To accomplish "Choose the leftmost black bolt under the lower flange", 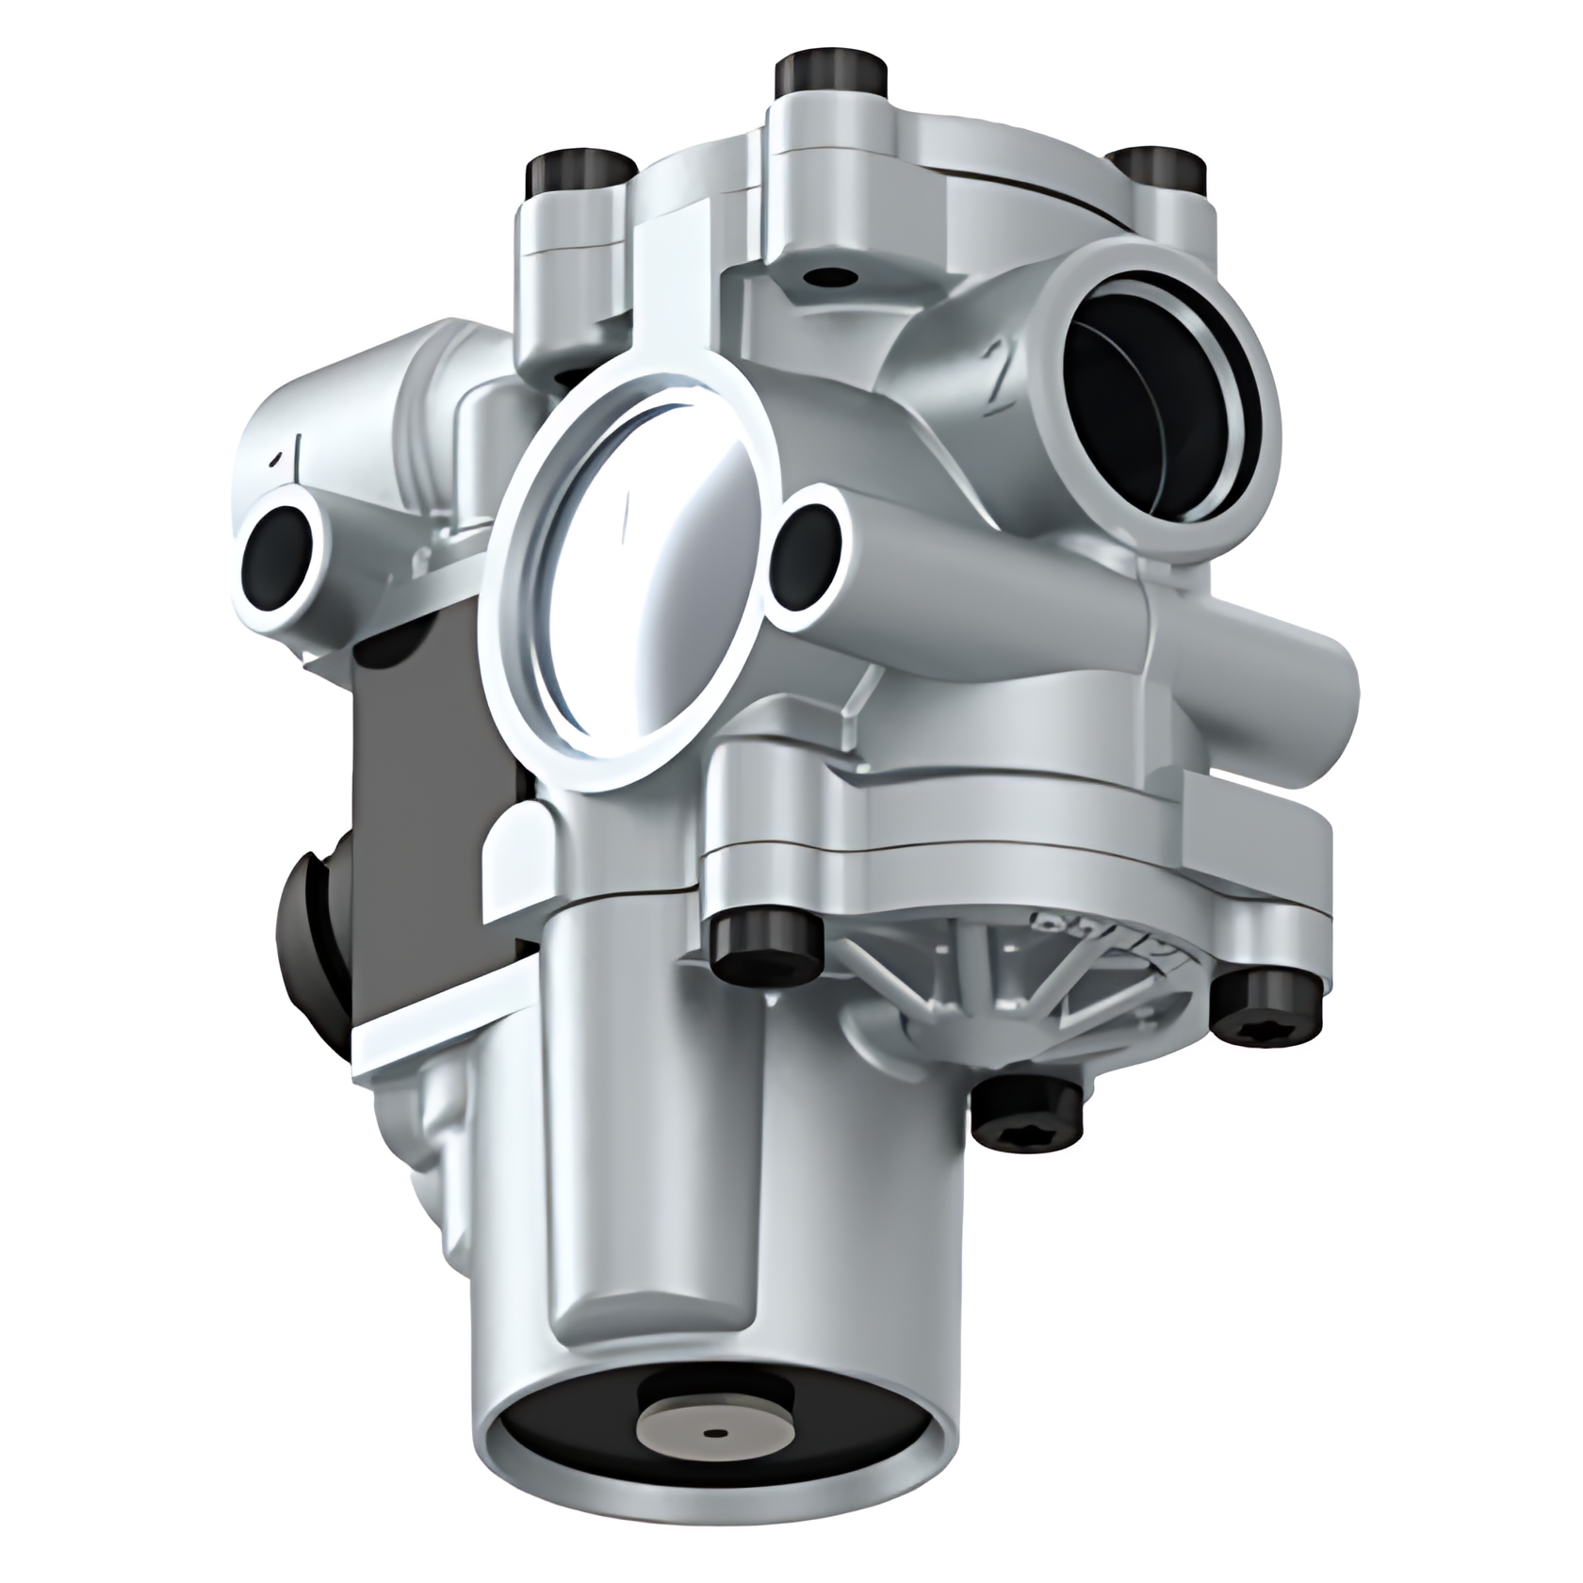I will click(765, 946).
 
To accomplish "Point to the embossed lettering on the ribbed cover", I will click(1102, 938).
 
